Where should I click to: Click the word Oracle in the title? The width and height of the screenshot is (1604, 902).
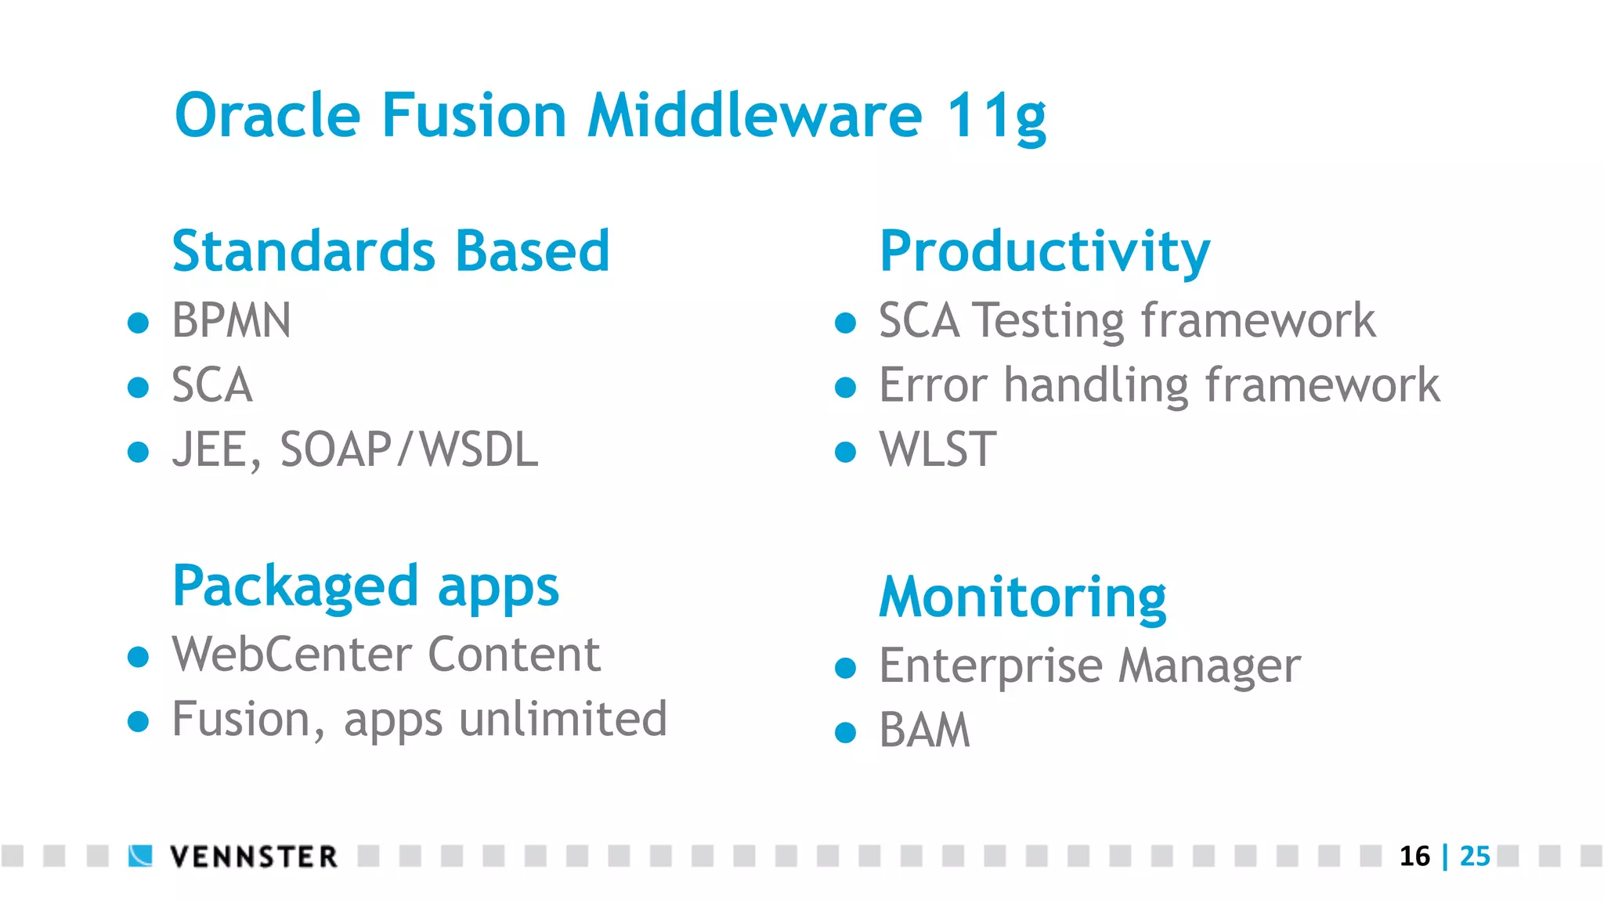(267, 116)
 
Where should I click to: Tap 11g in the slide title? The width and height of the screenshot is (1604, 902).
(995, 117)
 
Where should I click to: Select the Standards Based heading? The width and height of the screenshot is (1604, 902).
(391, 251)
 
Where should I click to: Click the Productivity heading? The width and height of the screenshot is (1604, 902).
(1044, 252)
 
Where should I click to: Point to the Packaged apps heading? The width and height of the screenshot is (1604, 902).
(365, 587)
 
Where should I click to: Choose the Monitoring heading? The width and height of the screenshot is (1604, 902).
(1022, 598)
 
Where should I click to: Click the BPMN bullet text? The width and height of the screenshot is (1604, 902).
(231, 321)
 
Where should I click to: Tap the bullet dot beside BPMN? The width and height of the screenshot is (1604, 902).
(139, 323)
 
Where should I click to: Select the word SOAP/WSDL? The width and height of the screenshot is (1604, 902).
(409, 450)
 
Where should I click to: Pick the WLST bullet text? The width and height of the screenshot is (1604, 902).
(937, 450)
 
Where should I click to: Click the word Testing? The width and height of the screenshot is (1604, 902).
(1049, 321)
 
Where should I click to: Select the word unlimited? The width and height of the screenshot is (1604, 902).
(562, 720)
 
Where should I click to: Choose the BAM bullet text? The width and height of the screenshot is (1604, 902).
(924, 731)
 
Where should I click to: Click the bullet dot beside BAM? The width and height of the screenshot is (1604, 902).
(845, 732)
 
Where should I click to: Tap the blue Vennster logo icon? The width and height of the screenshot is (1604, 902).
(141, 856)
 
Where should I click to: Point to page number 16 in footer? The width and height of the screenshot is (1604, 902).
(1414, 856)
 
